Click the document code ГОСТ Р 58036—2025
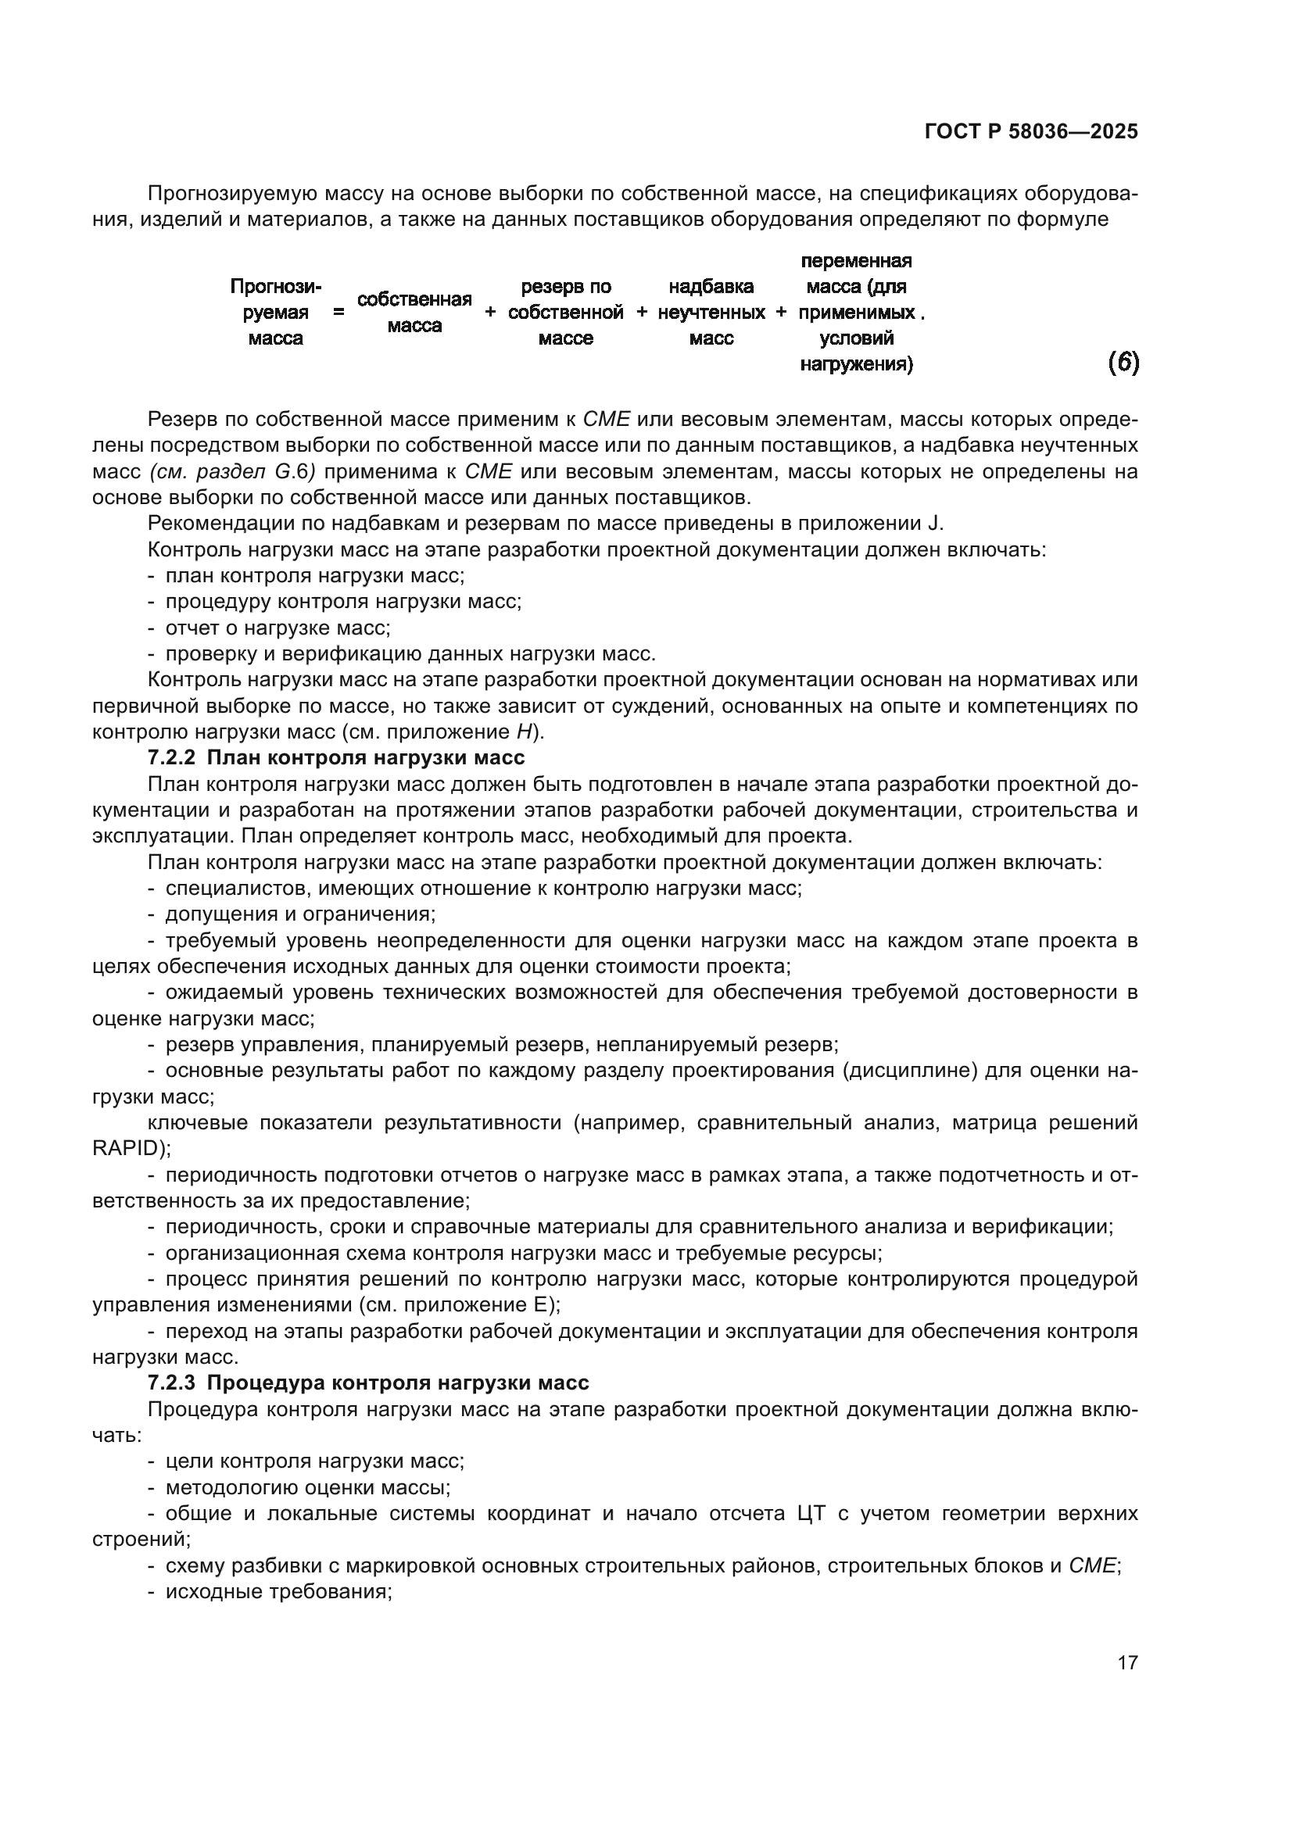tap(1031, 132)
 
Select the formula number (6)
tap(1123, 363)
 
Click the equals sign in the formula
tap(339, 313)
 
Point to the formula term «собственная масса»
tap(414, 313)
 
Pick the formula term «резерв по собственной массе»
tap(565, 313)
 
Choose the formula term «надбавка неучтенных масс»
tap(711, 313)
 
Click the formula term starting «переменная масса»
tap(857, 313)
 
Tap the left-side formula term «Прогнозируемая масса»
tap(275, 313)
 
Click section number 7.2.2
tap(171, 757)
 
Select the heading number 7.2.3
tap(171, 1383)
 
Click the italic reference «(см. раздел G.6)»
tap(231, 472)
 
